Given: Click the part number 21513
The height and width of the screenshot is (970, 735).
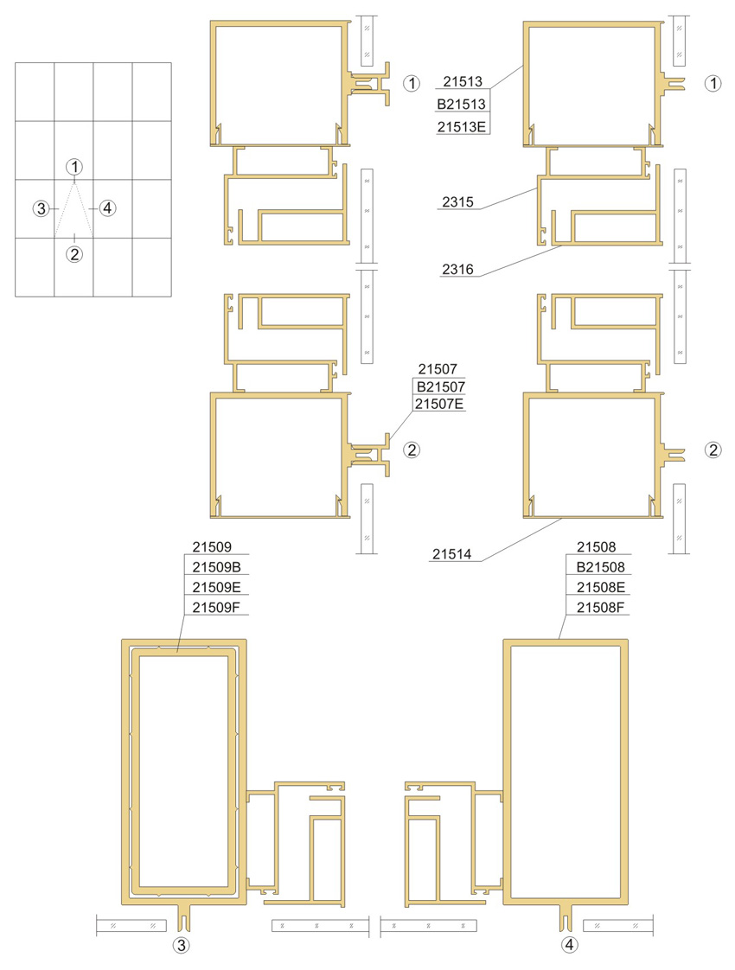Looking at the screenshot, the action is (462, 81).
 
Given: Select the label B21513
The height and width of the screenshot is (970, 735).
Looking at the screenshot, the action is (462, 104).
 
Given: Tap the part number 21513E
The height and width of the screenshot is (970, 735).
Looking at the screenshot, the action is (462, 127).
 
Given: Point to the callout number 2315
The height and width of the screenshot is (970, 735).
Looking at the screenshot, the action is (457, 201).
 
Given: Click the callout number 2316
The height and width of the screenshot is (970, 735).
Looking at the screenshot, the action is (457, 269).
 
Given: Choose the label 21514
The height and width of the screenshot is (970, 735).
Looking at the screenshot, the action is (451, 554).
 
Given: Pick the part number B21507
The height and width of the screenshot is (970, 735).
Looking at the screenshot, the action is (440, 386).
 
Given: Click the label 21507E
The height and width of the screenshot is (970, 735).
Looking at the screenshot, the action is (439, 404).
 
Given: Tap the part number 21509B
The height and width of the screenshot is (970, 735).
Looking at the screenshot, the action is (216, 566).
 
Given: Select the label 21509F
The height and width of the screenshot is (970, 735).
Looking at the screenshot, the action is (216, 608).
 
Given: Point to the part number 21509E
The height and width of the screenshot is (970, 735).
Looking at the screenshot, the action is (216, 587).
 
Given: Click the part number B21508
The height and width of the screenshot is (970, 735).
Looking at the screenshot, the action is (601, 566).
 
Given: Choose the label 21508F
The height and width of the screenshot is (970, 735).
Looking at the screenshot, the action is (601, 608).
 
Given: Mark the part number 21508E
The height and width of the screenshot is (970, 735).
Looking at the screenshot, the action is (601, 587).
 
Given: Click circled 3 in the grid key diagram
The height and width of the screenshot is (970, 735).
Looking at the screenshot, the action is (42, 208).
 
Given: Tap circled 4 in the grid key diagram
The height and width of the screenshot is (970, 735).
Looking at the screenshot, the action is (107, 207).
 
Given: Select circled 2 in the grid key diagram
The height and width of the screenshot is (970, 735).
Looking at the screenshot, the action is (74, 253).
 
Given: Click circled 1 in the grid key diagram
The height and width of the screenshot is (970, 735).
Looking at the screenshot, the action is (74, 166).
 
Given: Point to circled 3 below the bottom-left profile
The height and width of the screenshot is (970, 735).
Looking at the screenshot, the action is (182, 945).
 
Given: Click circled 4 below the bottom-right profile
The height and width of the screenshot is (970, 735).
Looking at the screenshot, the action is (569, 945).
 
